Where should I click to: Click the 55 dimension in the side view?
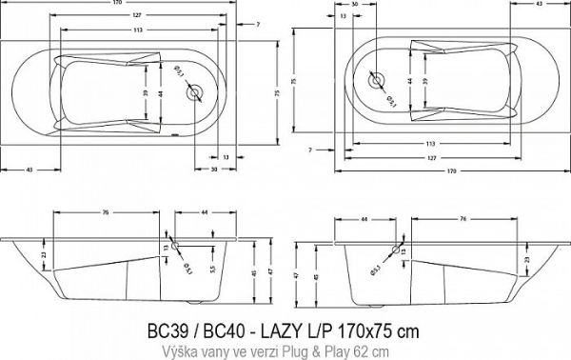[x=211, y=273]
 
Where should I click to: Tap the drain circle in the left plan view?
[x=197, y=94]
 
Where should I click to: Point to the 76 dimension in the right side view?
[x=462, y=219]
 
